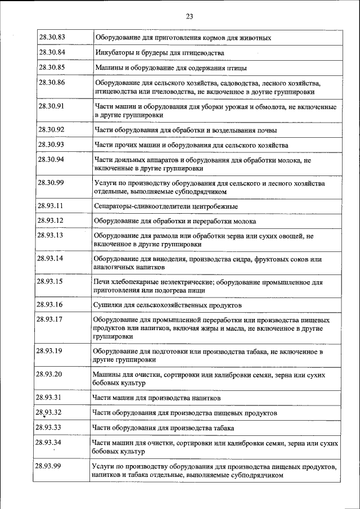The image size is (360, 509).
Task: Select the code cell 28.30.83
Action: pos(52,38)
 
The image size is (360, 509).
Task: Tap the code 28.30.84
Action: pos(52,52)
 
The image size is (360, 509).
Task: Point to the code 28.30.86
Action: pos(52,83)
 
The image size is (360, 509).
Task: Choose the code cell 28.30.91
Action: pos(52,106)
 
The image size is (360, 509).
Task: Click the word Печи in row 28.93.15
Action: pos(102,282)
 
